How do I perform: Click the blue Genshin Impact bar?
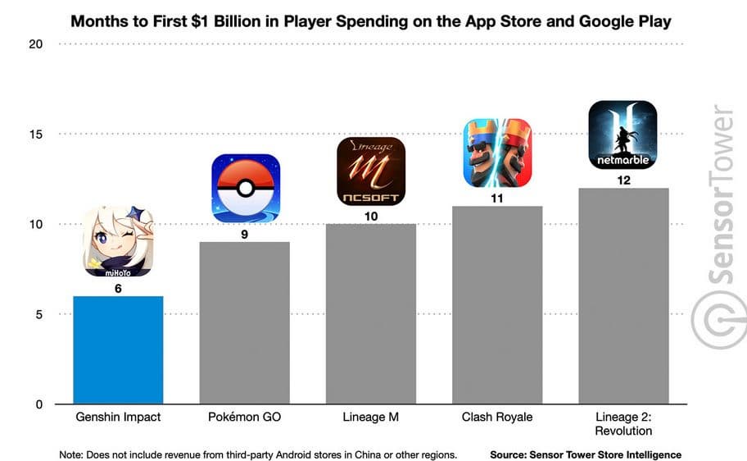pos(118,350)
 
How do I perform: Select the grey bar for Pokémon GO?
pos(244,323)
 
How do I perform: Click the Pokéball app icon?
pos(246,188)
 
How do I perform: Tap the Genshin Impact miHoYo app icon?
pos(118,242)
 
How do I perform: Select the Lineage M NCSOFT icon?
pos(371,171)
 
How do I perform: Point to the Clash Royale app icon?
pos(497,153)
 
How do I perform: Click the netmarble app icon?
pos(623,135)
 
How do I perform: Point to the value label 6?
pos(118,288)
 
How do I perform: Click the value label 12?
pos(623,180)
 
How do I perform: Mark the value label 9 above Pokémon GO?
pos(244,234)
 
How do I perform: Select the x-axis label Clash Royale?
pos(496,418)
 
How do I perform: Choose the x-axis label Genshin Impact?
pos(118,418)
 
